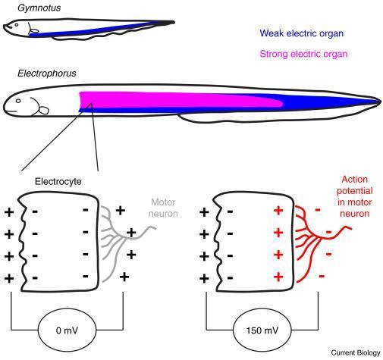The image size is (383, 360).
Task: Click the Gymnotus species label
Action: coord(39,8)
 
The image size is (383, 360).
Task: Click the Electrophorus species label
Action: coord(47,74)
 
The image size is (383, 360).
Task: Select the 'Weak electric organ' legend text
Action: coord(302,33)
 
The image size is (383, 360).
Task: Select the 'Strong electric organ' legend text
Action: coord(303,54)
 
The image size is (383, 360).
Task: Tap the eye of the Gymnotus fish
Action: coord(17,25)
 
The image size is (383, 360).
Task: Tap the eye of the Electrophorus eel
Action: coord(18,101)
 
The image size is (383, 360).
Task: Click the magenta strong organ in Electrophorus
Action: coord(177,99)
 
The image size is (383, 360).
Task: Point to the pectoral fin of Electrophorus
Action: coord(44,111)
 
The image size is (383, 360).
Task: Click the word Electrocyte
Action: coord(58,181)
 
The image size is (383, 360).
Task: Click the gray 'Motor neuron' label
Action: coord(163,208)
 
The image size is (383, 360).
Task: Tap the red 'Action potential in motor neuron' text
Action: coord(354,196)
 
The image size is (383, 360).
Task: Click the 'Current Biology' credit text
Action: coord(356,352)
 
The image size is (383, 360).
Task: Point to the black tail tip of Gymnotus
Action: coord(173,23)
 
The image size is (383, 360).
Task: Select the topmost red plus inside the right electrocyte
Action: coord(278,211)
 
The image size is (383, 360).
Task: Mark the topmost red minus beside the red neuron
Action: coord(318,210)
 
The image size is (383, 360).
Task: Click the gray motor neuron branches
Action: coord(126,237)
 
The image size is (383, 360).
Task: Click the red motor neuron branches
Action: coord(320,237)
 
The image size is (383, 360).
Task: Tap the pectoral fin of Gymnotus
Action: coord(34,31)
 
